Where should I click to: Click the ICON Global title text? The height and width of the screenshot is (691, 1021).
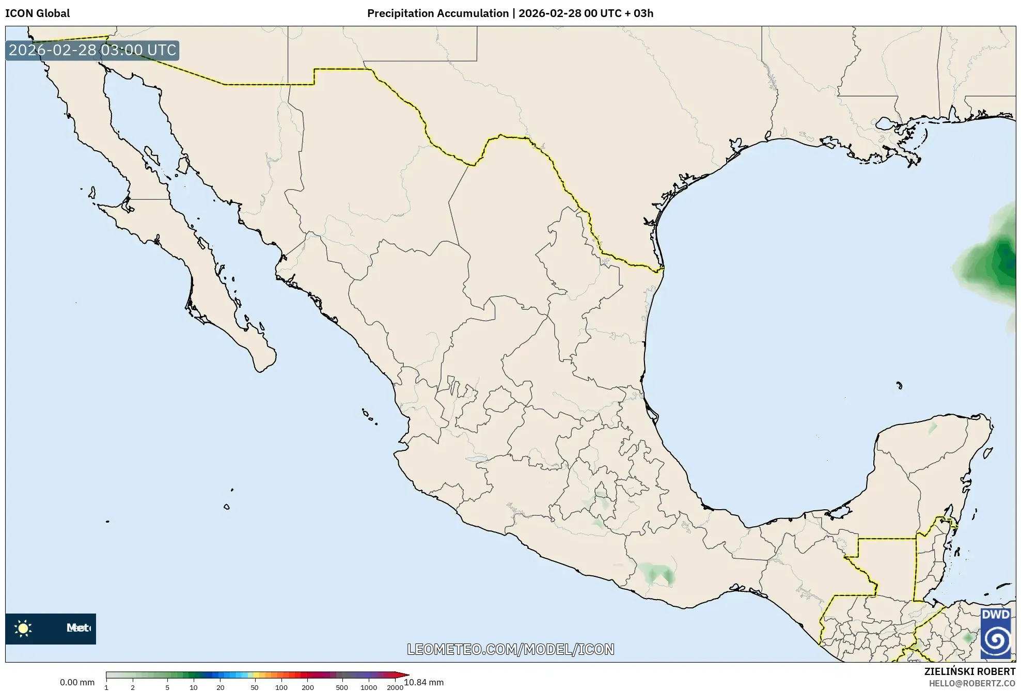click(37, 13)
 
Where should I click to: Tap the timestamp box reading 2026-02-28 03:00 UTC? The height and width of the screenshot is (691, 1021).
click(92, 51)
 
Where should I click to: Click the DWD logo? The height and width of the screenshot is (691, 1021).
click(995, 633)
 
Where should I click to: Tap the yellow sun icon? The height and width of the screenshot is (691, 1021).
click(23, 629)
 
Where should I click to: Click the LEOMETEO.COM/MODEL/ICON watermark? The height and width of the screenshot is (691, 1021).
click(510, 649)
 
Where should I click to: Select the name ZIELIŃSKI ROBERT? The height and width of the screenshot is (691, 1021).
click(969, 671)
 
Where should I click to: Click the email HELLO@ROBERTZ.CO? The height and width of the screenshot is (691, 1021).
click(972, 683)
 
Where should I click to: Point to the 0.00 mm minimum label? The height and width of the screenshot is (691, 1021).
click(77, 683)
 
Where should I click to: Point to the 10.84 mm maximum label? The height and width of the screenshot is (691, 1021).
click(423, 683)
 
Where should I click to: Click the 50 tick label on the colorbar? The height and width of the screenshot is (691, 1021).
click(254, 687)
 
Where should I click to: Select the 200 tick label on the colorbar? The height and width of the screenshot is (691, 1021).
click(307, 687)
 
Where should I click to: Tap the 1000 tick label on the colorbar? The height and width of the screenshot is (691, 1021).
click(368, 687)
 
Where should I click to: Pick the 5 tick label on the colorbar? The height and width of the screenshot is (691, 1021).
click(167, 687)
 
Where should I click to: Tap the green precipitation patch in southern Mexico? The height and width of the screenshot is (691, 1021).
click(656, 573)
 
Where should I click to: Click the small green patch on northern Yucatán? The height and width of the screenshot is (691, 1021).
click(933, 428)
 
